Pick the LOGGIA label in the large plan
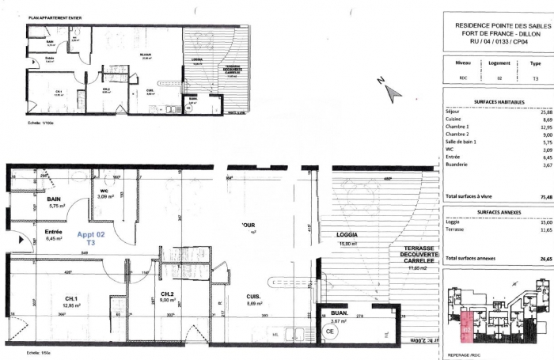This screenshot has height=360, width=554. click(x=347, y=235)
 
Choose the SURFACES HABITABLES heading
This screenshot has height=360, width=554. click(x=495, y=102)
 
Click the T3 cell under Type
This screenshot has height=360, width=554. click(x=535, y=78)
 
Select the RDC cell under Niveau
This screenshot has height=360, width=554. click(x=464, y=78)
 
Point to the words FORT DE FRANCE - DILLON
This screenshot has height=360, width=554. click(x=495, y=34)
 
